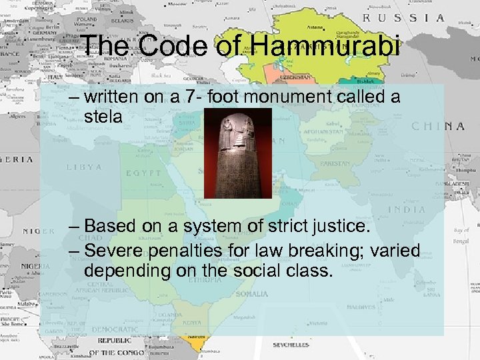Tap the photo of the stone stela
[x=238, y=153]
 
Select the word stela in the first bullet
[x=105, y=117]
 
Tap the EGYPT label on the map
[x=145, y=173]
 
